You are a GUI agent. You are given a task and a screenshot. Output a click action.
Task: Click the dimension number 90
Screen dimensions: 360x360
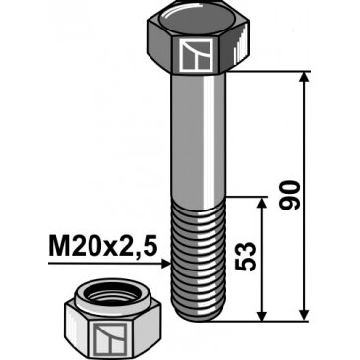[290, 195]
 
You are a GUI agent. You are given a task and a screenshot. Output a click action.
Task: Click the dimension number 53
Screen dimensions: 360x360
[245, 257]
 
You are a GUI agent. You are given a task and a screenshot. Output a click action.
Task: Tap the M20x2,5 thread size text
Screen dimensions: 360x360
[103, 247]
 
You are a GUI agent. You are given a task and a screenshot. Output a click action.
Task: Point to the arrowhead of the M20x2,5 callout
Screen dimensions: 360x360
[166, 264]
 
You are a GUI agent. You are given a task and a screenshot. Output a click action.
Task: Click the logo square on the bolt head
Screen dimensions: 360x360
[196, 55]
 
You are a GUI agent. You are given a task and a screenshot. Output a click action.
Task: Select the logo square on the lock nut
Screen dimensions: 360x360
[111, 338]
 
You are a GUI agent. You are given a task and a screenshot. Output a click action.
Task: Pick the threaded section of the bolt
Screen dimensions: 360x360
[199, 258]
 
